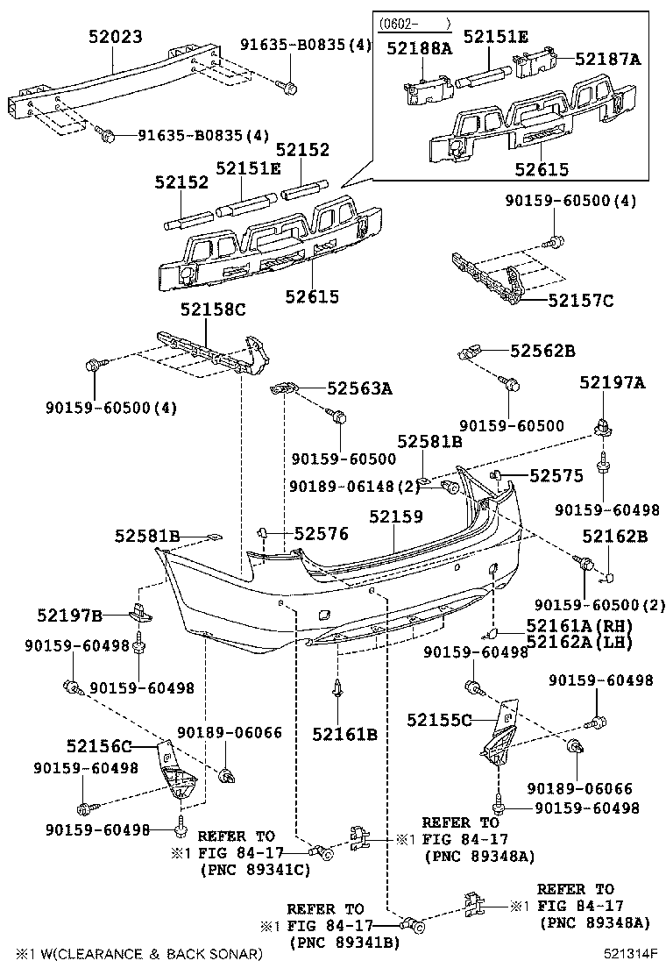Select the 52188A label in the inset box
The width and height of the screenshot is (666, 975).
click(x=420, y=49)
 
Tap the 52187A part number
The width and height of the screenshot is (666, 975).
click(x=608, y=60)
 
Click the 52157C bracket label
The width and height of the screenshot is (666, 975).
click(x=580, y=301)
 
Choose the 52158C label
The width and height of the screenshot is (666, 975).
click(x=213, y=310)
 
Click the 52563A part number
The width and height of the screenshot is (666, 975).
click(x=359, y=388)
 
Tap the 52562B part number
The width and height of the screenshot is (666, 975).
click(x=542, y=351)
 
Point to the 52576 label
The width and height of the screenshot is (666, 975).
click(x=321, y=533)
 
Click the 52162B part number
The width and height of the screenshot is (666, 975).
click(x=614, y=536)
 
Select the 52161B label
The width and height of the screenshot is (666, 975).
click(x=345, y=734)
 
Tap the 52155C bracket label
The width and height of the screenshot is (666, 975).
click(x=439, y=720)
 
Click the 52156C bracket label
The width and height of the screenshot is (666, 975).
click(x=99, y=746)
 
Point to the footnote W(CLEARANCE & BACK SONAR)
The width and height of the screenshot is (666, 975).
click(x=138, y=953)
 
